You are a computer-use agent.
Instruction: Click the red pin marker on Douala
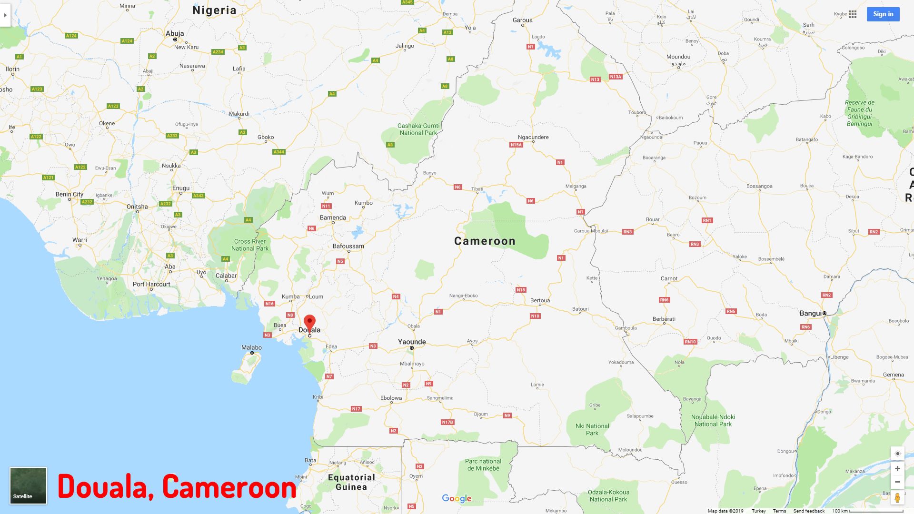tap(309, 322)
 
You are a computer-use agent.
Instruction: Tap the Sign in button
tap(883, 14)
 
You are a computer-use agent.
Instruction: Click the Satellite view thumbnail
tap(28, 485)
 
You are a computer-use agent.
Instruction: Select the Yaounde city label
tap(412, 342)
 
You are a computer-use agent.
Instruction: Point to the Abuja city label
tap(175, 33)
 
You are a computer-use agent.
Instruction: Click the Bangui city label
tap(811, 313)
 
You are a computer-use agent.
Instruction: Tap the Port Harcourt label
tap(151, 284)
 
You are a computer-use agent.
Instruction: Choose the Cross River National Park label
tap(250, 245)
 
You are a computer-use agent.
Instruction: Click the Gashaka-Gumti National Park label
tap(418, 129)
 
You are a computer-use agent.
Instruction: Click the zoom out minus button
tap(897, 482)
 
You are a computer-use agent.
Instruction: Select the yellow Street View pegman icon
tap(897, 498)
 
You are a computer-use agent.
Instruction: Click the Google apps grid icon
tap(853, 14)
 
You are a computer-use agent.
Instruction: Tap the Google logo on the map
tap(457, 498)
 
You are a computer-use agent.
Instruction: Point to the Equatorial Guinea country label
tap(351, 482)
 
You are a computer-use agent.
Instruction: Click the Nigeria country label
tap(214, 10)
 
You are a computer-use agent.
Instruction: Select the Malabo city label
tap(251, 347)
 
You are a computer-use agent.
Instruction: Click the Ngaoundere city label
tap(533, 137)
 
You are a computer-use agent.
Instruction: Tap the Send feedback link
tap(809, 511)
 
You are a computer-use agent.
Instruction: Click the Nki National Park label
tap(592, 429)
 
